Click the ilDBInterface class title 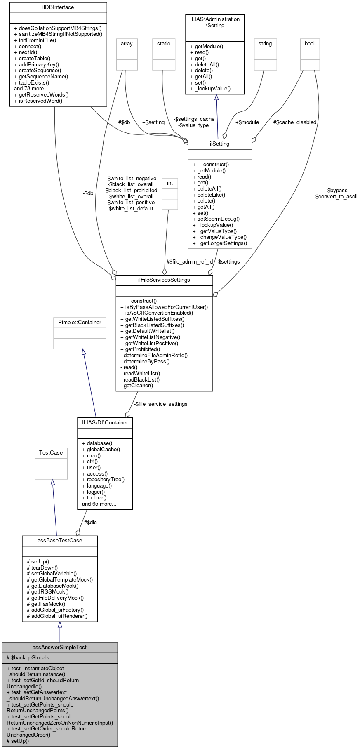pyautogui.click(x=58, y=7)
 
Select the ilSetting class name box pyautogui.click(x=219, y=144)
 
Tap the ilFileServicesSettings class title pyautogui.click(x=164, y=280)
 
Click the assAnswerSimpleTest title pyautogui.click(x=59, y=647)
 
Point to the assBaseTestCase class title pyautogui.click(x=60, y=540)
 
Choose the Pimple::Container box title pyautogui.click(x=80, y=322)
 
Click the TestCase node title pyautogui.click(x=51, y=452)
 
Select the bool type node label pyautogui.click(x=309, y=43)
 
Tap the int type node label pyautogui.click(x=169, y=183)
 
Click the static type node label pyautogui.click(x=163, y=43)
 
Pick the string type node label pyautogui.click(x=265, y=43)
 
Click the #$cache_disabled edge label pyautogui.click(x=294, y=122)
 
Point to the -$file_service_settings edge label pyautogui.click(x=160, y=404)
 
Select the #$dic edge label pyautogui.click(x=90, y=522)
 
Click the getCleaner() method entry pyautogui.click(x=136, y=386)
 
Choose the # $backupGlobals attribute pyautogui.click(x=28, y=657)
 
